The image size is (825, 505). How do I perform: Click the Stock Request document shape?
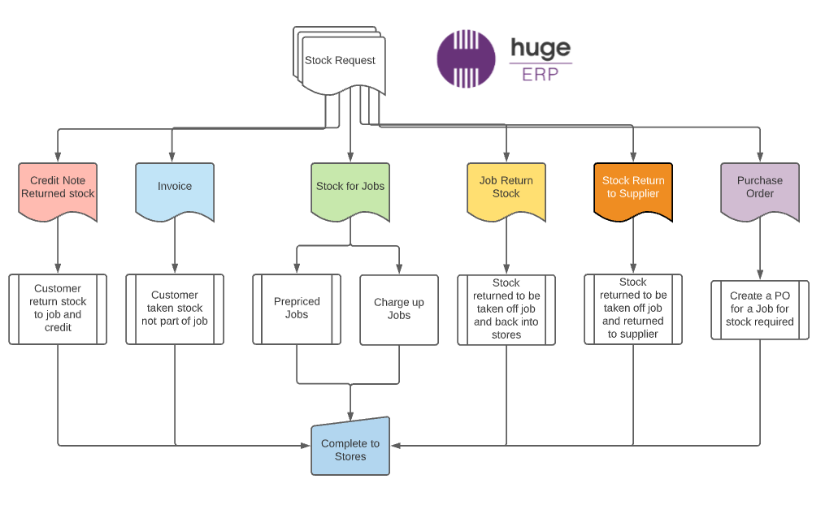pos(340,61)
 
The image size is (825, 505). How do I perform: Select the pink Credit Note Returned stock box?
pos(58,188)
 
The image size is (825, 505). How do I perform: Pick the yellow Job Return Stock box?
pos(506,188)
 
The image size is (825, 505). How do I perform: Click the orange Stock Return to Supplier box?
pos(633,188)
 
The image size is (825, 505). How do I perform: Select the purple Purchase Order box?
pos(760,188)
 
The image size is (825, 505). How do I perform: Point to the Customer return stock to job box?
pos(58,309)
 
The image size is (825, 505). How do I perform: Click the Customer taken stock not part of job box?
pos(175,309)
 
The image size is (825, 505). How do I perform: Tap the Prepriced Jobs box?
pos(297,309)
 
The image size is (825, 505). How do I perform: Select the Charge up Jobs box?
pos(399,309)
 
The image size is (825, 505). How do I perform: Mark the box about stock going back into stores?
pos(506,309)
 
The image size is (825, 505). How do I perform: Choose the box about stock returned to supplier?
pos(633,309)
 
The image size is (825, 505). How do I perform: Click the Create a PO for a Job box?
pos(760,309)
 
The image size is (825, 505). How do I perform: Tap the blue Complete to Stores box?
pos(350,446)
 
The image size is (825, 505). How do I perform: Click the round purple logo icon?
pos(467,58)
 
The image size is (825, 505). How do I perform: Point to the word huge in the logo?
pos(541,49)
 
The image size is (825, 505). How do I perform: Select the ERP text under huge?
pos(541,72)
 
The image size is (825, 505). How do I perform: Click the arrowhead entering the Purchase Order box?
pos(760,158)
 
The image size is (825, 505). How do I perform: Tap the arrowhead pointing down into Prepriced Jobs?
pos(297,270)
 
